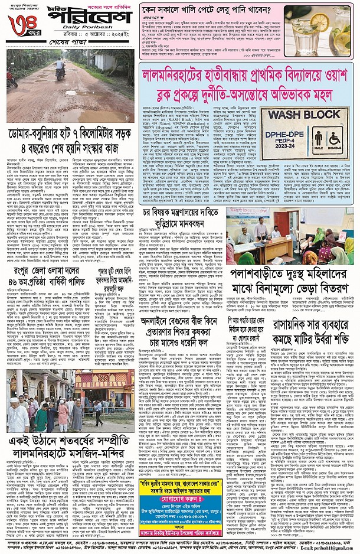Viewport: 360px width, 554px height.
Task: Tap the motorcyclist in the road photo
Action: pos(60,69)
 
